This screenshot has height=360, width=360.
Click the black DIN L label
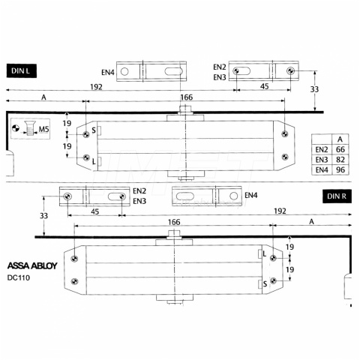click(x=22, y=71)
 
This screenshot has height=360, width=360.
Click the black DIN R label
click(x=337, y=196)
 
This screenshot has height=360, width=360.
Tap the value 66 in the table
click(x=340, y=149)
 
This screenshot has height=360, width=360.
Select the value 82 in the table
click(x=340, y=160)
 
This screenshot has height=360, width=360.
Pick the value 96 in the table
click(x=340, y=169)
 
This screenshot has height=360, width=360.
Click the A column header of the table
click(x=340, y=139)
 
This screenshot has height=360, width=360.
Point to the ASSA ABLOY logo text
click(x=32, y=265)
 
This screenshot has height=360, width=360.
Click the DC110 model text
click(x=19, y=277)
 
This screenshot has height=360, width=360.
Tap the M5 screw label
click(x=43, y=129)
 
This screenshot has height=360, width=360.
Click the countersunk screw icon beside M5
click(x=30, y=128)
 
